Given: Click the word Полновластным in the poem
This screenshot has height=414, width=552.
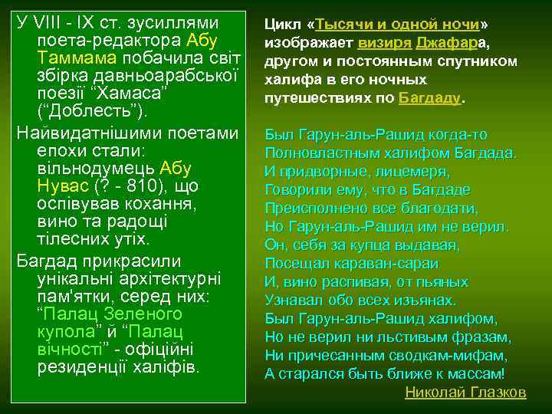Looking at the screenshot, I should [x=316, y=153].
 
